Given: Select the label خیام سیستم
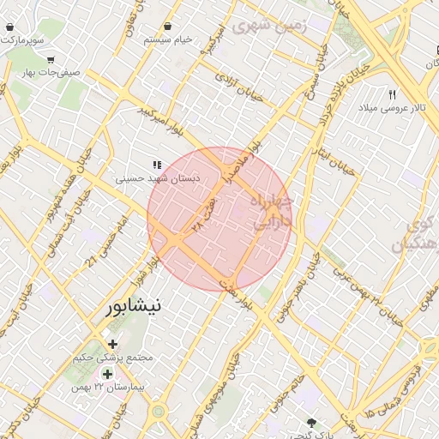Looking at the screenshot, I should coord(167,40).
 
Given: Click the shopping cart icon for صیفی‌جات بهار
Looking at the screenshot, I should coord(51,60).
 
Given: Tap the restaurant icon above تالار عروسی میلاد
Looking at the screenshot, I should coord(393,94).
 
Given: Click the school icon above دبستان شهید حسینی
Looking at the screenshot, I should coord(156,165).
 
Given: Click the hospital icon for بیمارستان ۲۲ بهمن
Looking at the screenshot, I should coord(107,374).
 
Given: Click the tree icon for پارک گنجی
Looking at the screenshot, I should coord(312,422).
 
